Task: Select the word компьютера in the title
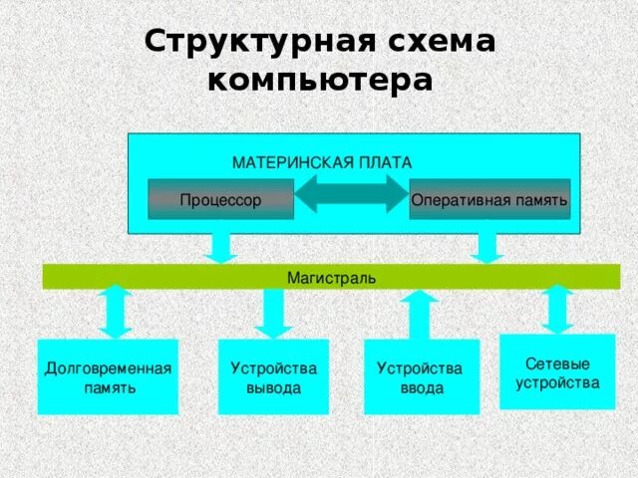pyautogui.click(x=320, y=80)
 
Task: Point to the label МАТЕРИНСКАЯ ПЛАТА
pyautogui.click(x=322, y=162)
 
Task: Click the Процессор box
pyautogui.click(x=221, y=200)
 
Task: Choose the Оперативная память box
pyautogui.click(x=489, y=200)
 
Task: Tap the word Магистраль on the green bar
pyautogui.click(x=332, y=277)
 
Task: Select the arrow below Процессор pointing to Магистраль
pyautogui.click(x=220, y=247)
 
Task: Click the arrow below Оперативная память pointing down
pyautogui.click(x=487, y=247)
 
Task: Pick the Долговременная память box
pyautogui.click(x=108, y=377)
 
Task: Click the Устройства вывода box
pyautogui.click(x=273, y=377)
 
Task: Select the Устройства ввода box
pyautogui.click(x=421, y=377)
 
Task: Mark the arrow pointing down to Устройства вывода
pyautogui.click(x=271, y=313)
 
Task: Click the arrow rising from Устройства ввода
pyautogui.click(x=420, y=314)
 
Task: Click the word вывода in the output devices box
pyautogui.click(x=273, y=387)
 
